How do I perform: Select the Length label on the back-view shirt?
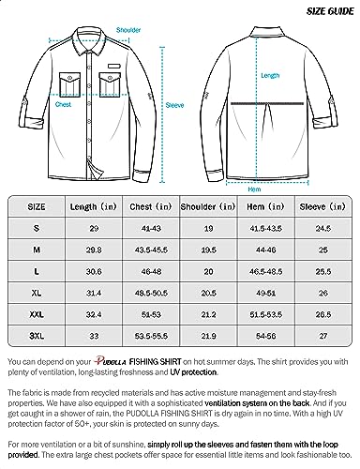tap(270, 75)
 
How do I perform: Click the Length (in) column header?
tap(91, 204)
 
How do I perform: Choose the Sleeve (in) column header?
tap(321, 204)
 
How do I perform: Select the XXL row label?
tap(34, 310)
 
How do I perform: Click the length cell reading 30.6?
tap(92, 268)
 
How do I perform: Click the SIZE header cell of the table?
tap(34, 204)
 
